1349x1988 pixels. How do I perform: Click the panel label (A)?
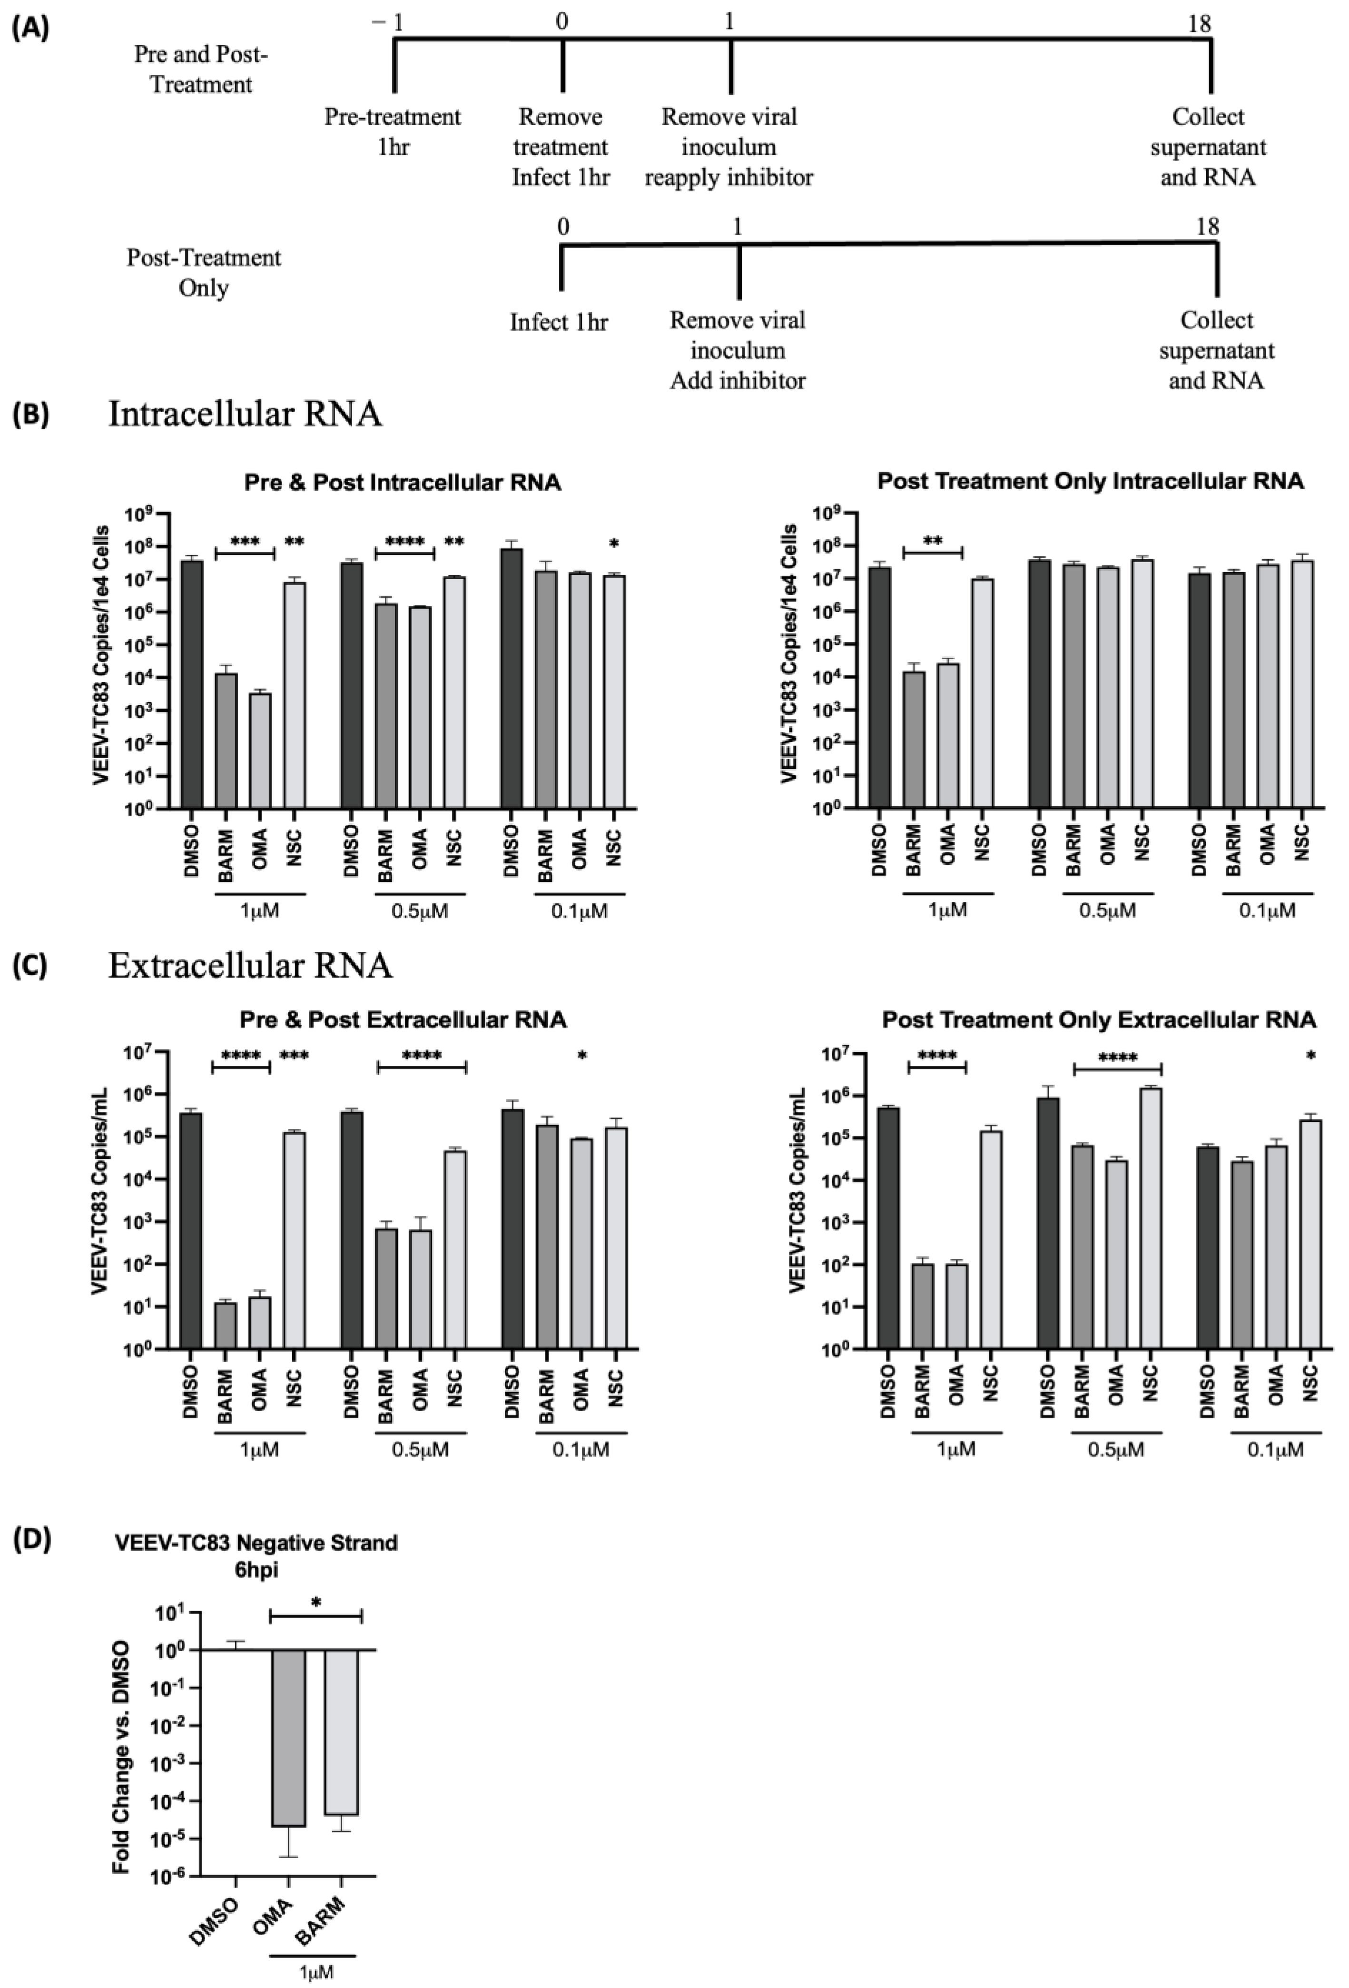coord(31,28)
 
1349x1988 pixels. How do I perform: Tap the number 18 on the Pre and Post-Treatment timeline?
coord(1199,23)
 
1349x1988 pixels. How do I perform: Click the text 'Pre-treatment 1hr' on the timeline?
coord(393,131)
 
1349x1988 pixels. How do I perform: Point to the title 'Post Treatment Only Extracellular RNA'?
coord(1098,1019)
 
